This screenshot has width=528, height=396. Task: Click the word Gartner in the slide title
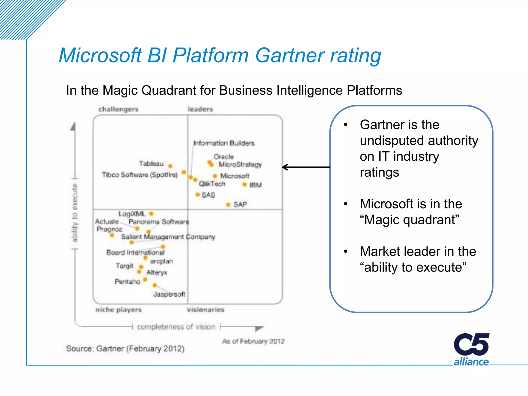click(x=290, y=55)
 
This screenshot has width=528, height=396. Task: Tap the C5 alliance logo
click(x=471, y=349)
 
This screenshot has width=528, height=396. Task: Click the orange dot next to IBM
click(x=244, y=184)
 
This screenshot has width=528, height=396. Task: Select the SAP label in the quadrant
click(x=240, y=204)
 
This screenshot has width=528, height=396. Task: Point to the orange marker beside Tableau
click(x=170, y=166)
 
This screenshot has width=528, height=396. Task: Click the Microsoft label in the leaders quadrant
click(x=235, y=176)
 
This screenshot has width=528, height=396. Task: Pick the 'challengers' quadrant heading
click(x=118, y=109)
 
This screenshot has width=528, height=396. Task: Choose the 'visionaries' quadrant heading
click(x=206, y=310)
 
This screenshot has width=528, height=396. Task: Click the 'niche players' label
click(x=119, y=310)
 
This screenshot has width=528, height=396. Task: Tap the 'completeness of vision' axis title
click(x=176, y=327)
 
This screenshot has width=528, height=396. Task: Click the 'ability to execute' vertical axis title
click(x=75, y=213)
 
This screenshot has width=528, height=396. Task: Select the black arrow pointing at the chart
click(x=306, y=167)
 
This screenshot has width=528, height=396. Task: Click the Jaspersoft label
click(x=169, y=294)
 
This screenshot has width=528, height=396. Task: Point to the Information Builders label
click(x=224, y=143)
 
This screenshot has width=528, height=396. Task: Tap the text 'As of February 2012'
click(x=253, y=341)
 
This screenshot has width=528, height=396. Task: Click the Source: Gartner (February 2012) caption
click(x=125, y=349)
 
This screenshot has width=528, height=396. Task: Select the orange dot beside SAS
click(x=197, y=195)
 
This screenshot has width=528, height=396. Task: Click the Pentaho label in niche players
click(x=127, y=282)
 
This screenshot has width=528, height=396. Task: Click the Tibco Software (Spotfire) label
click(x=140, y=175)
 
